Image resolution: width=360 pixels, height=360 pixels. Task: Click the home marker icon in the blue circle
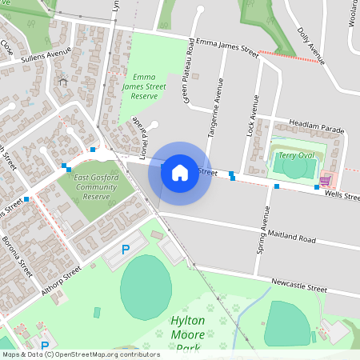click(180, 172)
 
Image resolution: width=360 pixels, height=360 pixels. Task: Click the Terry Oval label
click(297, 154)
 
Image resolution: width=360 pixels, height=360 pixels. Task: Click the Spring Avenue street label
click(262, 230)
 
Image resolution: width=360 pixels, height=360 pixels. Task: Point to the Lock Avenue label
click(255, 115)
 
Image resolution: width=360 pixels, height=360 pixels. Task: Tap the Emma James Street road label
click(227, 47)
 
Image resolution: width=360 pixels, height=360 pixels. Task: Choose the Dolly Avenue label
click(310, 43)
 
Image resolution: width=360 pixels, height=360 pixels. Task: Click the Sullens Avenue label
click(46, 57)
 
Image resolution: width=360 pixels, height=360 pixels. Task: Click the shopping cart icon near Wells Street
click(324, 181)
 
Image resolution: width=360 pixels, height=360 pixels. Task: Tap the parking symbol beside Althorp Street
click(125, 250)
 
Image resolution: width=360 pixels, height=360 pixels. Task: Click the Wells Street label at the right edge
click(342, 194)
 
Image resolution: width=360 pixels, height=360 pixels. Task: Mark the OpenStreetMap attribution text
click(81, 354)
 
